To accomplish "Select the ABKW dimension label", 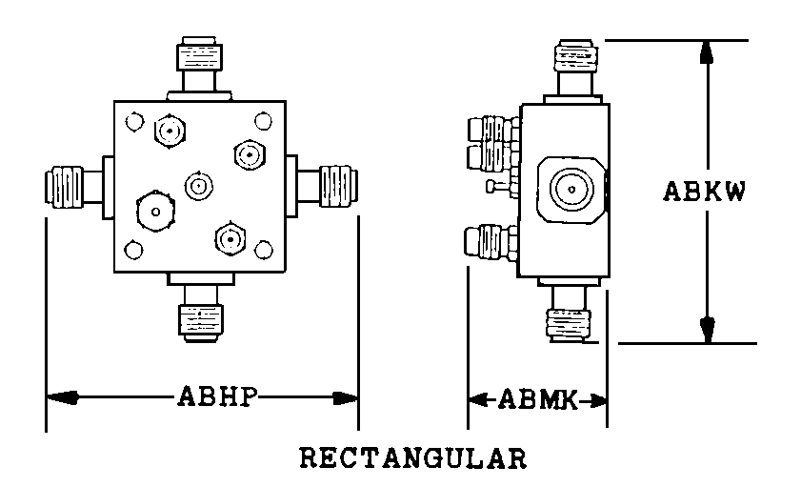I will [x=704, y=191].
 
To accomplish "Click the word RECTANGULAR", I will [x=413, y=458].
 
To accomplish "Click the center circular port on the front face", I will [x=198, y=185].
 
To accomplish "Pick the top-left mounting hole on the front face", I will [x=134, y=121].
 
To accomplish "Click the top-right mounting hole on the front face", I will [x=262, y=120].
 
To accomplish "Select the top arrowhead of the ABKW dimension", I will [x=706, y=53].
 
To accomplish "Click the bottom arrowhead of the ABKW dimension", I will [x=706, y=329].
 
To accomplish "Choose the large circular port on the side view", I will [x=571, y=189].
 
